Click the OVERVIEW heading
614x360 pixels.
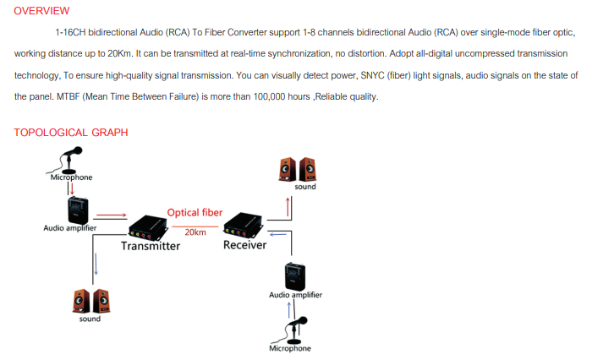coord(41,10)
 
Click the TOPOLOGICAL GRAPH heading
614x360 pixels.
coord(71,132)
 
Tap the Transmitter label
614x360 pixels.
coord(151,246)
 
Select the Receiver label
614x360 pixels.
coord(244,245)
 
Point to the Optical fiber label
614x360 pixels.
coord(195,213)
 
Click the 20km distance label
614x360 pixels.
coord(195,232)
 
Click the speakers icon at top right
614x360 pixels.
coord(297,169)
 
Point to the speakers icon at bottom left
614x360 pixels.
coord(89,300)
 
